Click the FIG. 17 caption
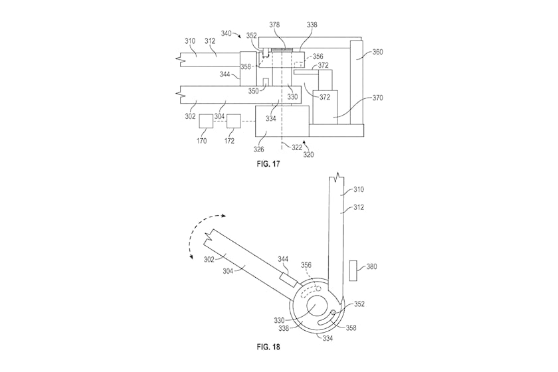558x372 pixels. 268,164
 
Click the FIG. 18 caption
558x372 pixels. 268,347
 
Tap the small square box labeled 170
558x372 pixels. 206,122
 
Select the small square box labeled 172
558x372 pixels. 234,122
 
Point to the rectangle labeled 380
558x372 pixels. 353,270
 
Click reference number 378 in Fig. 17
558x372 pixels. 274,25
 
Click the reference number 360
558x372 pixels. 377,52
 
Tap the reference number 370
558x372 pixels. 377,98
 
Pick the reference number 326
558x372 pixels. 258,149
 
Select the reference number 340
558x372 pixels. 227,33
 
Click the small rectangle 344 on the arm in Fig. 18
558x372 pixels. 288,279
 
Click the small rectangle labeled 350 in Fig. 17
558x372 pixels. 265,82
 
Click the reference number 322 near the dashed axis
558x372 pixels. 297,147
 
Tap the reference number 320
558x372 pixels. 308,155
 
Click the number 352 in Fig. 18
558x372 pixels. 359,304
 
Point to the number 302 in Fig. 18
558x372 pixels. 209,260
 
